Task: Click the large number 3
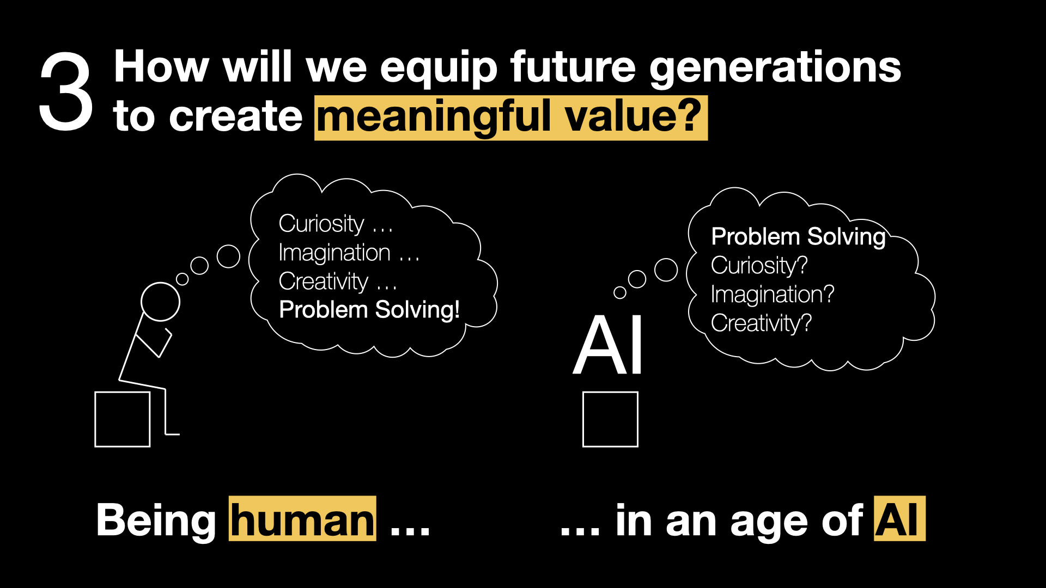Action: click(66, 91)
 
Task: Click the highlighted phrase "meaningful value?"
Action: click(511, 118)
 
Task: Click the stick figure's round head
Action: click(160, 302)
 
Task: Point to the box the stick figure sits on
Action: click(123, 419)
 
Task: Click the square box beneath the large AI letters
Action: click(610, 419)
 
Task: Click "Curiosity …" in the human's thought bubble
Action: click(336, 224)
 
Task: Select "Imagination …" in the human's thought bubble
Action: click(349, 253)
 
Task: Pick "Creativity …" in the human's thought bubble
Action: click(338, 281)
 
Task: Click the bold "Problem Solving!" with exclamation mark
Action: click(369, 310)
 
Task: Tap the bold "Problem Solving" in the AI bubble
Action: click(799, 237)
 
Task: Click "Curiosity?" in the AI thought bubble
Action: click(759, 266)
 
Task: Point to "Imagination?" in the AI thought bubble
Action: click(773, 295)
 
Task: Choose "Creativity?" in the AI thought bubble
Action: click(761, 323)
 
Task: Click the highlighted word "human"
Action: click(302, 519)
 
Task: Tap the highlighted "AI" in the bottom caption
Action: click(899, 519)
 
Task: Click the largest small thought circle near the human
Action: click(228, 256)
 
